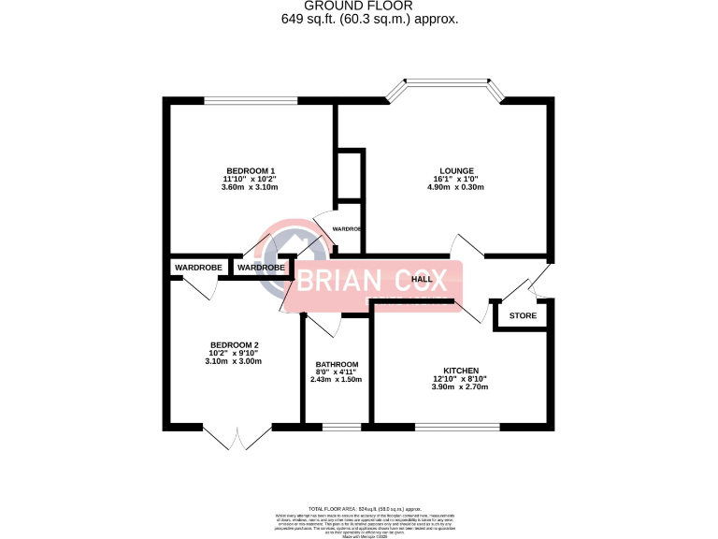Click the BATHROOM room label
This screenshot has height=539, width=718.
[337, 365]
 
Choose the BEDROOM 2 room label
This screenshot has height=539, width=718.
[234, 343]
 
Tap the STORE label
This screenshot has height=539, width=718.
[523, 315]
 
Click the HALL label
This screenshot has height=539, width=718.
[422, 279]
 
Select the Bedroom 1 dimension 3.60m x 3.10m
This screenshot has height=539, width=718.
[250, 187]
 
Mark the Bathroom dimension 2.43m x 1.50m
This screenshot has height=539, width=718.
[337, 379]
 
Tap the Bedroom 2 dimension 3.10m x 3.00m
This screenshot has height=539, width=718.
[234, 361]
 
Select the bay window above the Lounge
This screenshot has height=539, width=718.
[446, 86]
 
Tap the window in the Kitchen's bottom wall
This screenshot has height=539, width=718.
[457, 428]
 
